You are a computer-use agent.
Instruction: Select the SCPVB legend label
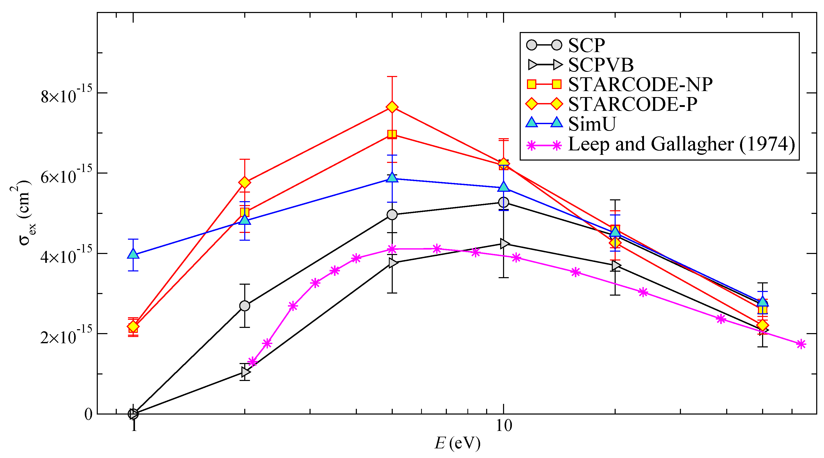coord(601,65)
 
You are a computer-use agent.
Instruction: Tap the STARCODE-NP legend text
coord(640,85)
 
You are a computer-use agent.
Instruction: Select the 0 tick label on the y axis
coord(88,414)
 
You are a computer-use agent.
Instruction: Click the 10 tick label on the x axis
coord(504,426)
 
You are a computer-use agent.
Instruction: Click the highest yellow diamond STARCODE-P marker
coord(392,107)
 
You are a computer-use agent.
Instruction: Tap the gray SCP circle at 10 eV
coord(504,202)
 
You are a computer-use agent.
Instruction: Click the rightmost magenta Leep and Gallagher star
coord(801,344)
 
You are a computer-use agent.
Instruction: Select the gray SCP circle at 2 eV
coord(245,306)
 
